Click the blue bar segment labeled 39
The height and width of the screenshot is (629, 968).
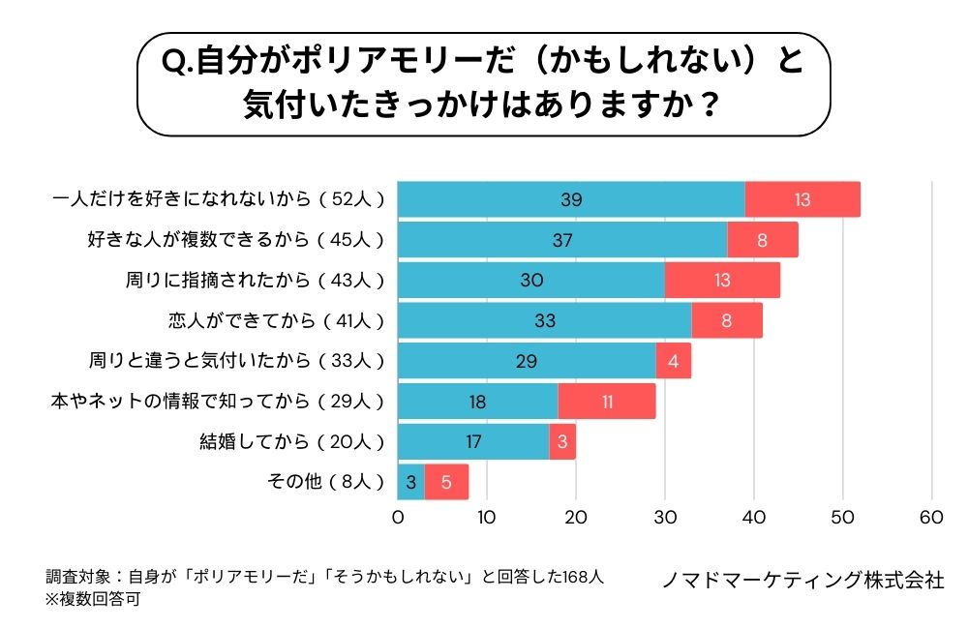[x=571, y=199]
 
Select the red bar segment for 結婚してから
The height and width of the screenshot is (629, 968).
[x=562, y=441]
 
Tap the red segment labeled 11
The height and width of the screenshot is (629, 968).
[x=607, y=401]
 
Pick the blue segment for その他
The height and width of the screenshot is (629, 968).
[x=411, y=482]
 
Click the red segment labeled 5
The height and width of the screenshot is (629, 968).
[x=446, y=482]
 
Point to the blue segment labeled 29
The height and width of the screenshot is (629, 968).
[x=527, y=361]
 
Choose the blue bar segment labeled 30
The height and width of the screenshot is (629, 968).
[x=531, y=280]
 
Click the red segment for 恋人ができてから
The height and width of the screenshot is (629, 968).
[x=727, y=320]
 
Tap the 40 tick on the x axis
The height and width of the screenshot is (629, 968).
[x=754, y=517]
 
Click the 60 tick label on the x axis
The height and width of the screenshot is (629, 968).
[x=931, y=517]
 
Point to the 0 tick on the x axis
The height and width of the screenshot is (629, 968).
[x=398, y=517]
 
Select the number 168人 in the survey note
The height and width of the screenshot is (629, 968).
[x=580, y=577]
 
